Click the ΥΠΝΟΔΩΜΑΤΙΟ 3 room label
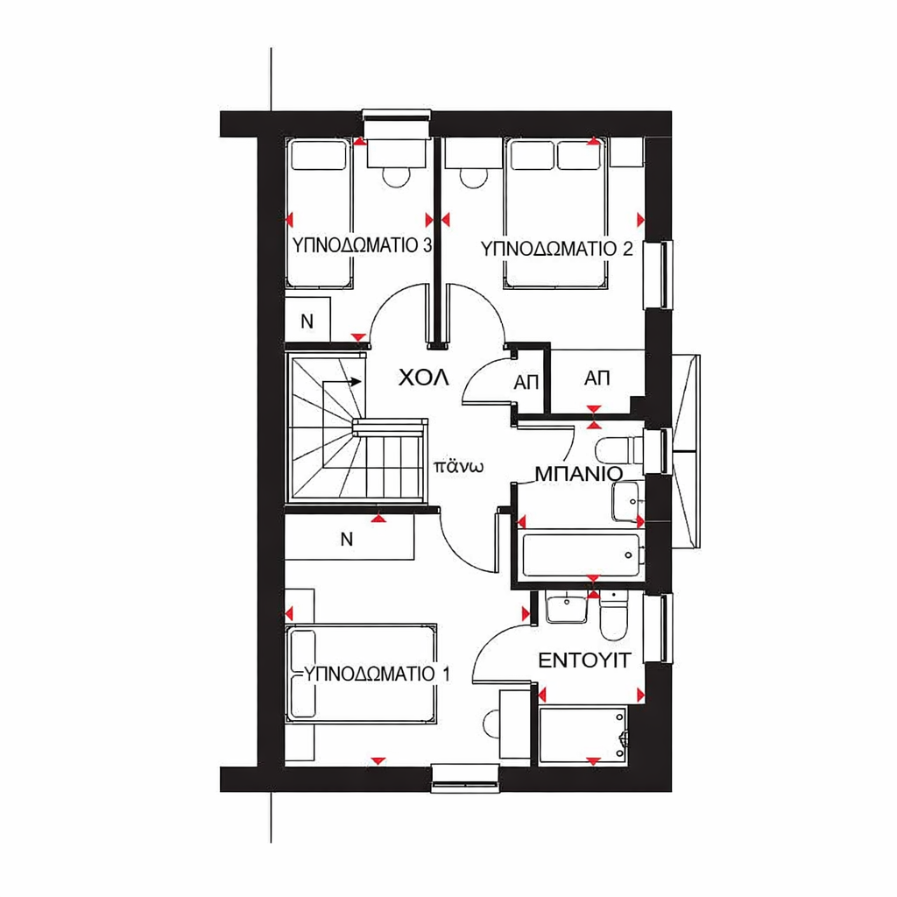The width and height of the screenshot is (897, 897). point(362,245)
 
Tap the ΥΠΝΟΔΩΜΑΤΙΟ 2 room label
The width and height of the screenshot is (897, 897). point(556,249)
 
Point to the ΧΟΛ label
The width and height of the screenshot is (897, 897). point(423,378)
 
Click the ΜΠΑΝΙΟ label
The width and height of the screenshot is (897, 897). point(578,474)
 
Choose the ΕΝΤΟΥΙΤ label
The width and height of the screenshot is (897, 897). point(584,660)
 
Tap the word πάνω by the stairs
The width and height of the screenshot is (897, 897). point(459,466)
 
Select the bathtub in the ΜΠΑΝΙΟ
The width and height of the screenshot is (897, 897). point(582,554)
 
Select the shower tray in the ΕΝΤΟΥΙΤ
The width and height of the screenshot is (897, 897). point(583,735)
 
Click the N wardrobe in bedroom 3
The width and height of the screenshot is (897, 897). point(307,321)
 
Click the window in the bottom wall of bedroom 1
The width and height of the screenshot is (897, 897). point(465,779)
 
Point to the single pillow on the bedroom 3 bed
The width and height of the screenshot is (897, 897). point(319,156)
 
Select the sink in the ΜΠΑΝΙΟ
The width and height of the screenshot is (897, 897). point(627,502)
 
